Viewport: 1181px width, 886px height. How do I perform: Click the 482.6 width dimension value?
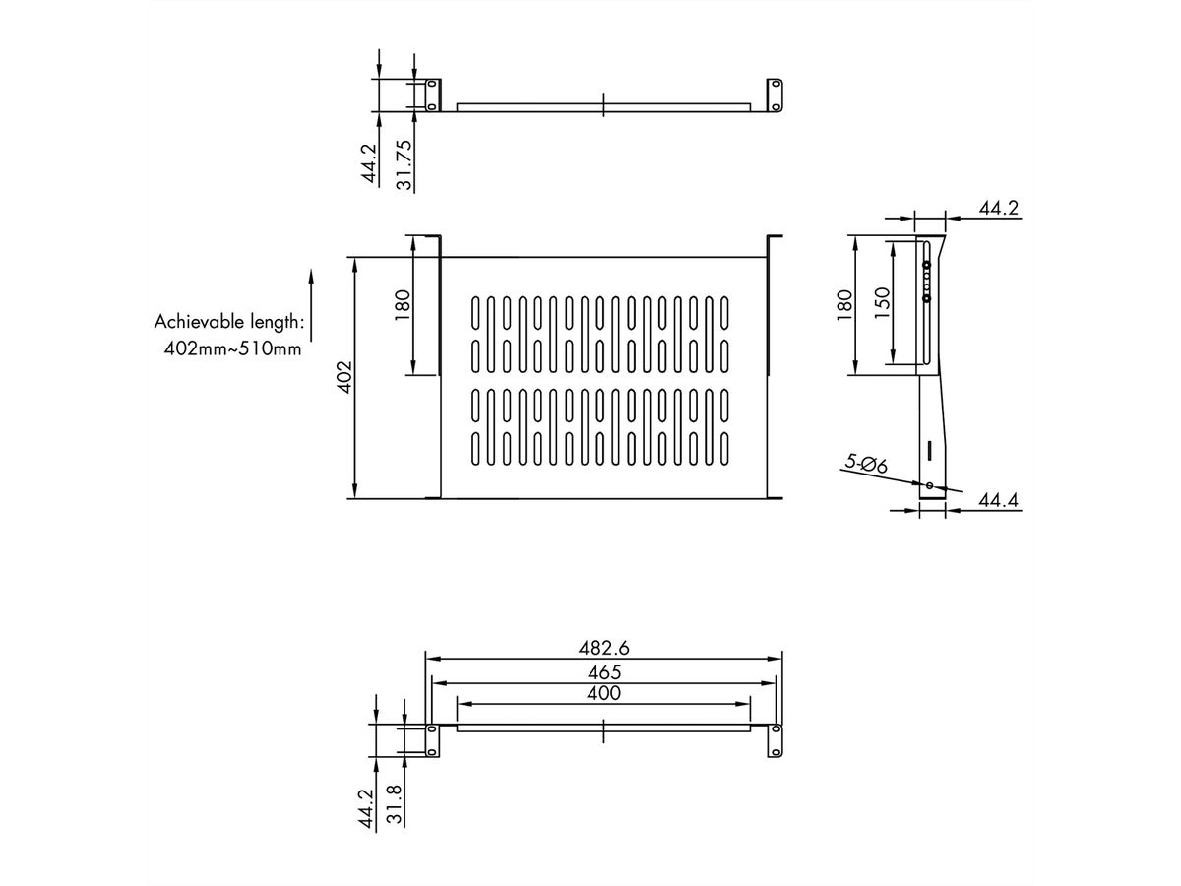coord(603,648)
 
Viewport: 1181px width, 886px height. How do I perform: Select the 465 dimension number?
coord(603,672)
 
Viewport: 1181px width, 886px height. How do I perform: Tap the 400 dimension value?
coord(603,694)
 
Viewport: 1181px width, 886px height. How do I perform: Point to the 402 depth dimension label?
coord(343,378)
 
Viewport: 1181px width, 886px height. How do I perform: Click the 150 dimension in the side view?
coord(882,301)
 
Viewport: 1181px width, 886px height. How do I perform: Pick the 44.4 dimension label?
coord(998,502)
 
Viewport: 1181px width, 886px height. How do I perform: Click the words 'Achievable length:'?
coord(228,321)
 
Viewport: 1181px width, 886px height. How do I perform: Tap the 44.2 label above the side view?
coord(998,208)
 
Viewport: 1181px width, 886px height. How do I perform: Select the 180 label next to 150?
coord(842,305)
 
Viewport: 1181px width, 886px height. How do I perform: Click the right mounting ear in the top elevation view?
coord(774,95)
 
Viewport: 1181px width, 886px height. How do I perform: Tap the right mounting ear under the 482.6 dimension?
coord(776,740)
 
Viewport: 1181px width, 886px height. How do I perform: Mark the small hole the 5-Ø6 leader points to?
coord(928,485)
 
